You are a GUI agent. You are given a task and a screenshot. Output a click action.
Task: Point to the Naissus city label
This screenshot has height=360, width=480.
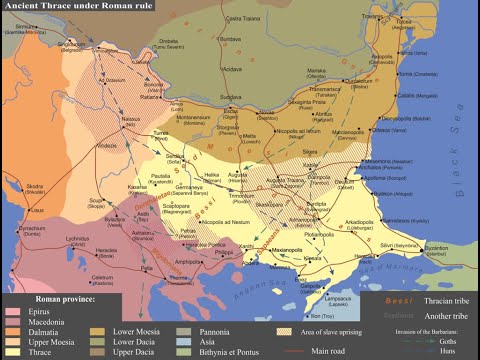[132, 120]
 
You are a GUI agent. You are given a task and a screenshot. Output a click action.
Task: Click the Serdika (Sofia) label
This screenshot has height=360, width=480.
[175, 159]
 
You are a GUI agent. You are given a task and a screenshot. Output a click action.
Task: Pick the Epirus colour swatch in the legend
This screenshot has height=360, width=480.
[12, 311]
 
